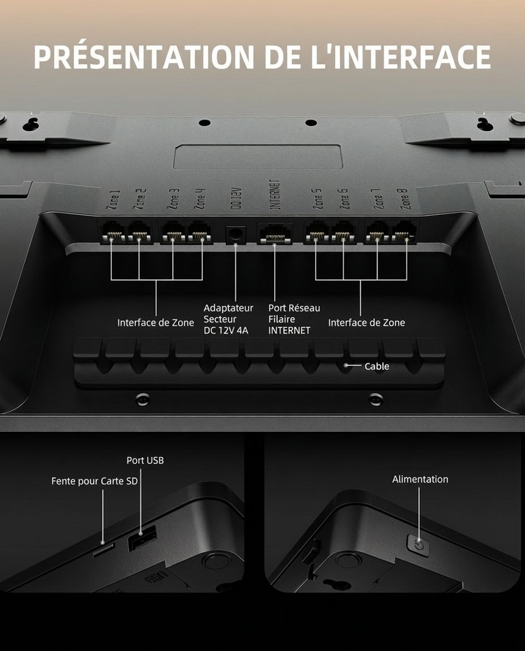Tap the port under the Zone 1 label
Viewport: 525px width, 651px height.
coord(112,232)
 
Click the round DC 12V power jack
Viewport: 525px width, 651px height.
coord(236,234)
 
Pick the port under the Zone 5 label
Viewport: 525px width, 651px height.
coord(316,232)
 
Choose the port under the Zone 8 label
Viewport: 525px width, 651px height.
coord(405,232)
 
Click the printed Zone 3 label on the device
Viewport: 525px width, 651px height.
coord(173,199)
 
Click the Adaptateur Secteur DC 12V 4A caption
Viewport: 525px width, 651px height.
coord(228,319)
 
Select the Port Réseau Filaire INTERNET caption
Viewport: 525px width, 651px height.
coord(293,319)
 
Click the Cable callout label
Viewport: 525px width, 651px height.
coord(377,366)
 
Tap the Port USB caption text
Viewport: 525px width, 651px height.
coord(145,460)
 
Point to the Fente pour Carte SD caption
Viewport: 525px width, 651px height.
coord(94,481)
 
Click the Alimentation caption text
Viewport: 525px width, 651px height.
coord(420,479)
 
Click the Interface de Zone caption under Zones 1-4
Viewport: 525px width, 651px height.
coord(155,323)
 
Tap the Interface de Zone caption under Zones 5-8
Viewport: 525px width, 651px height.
coord(366,323)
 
